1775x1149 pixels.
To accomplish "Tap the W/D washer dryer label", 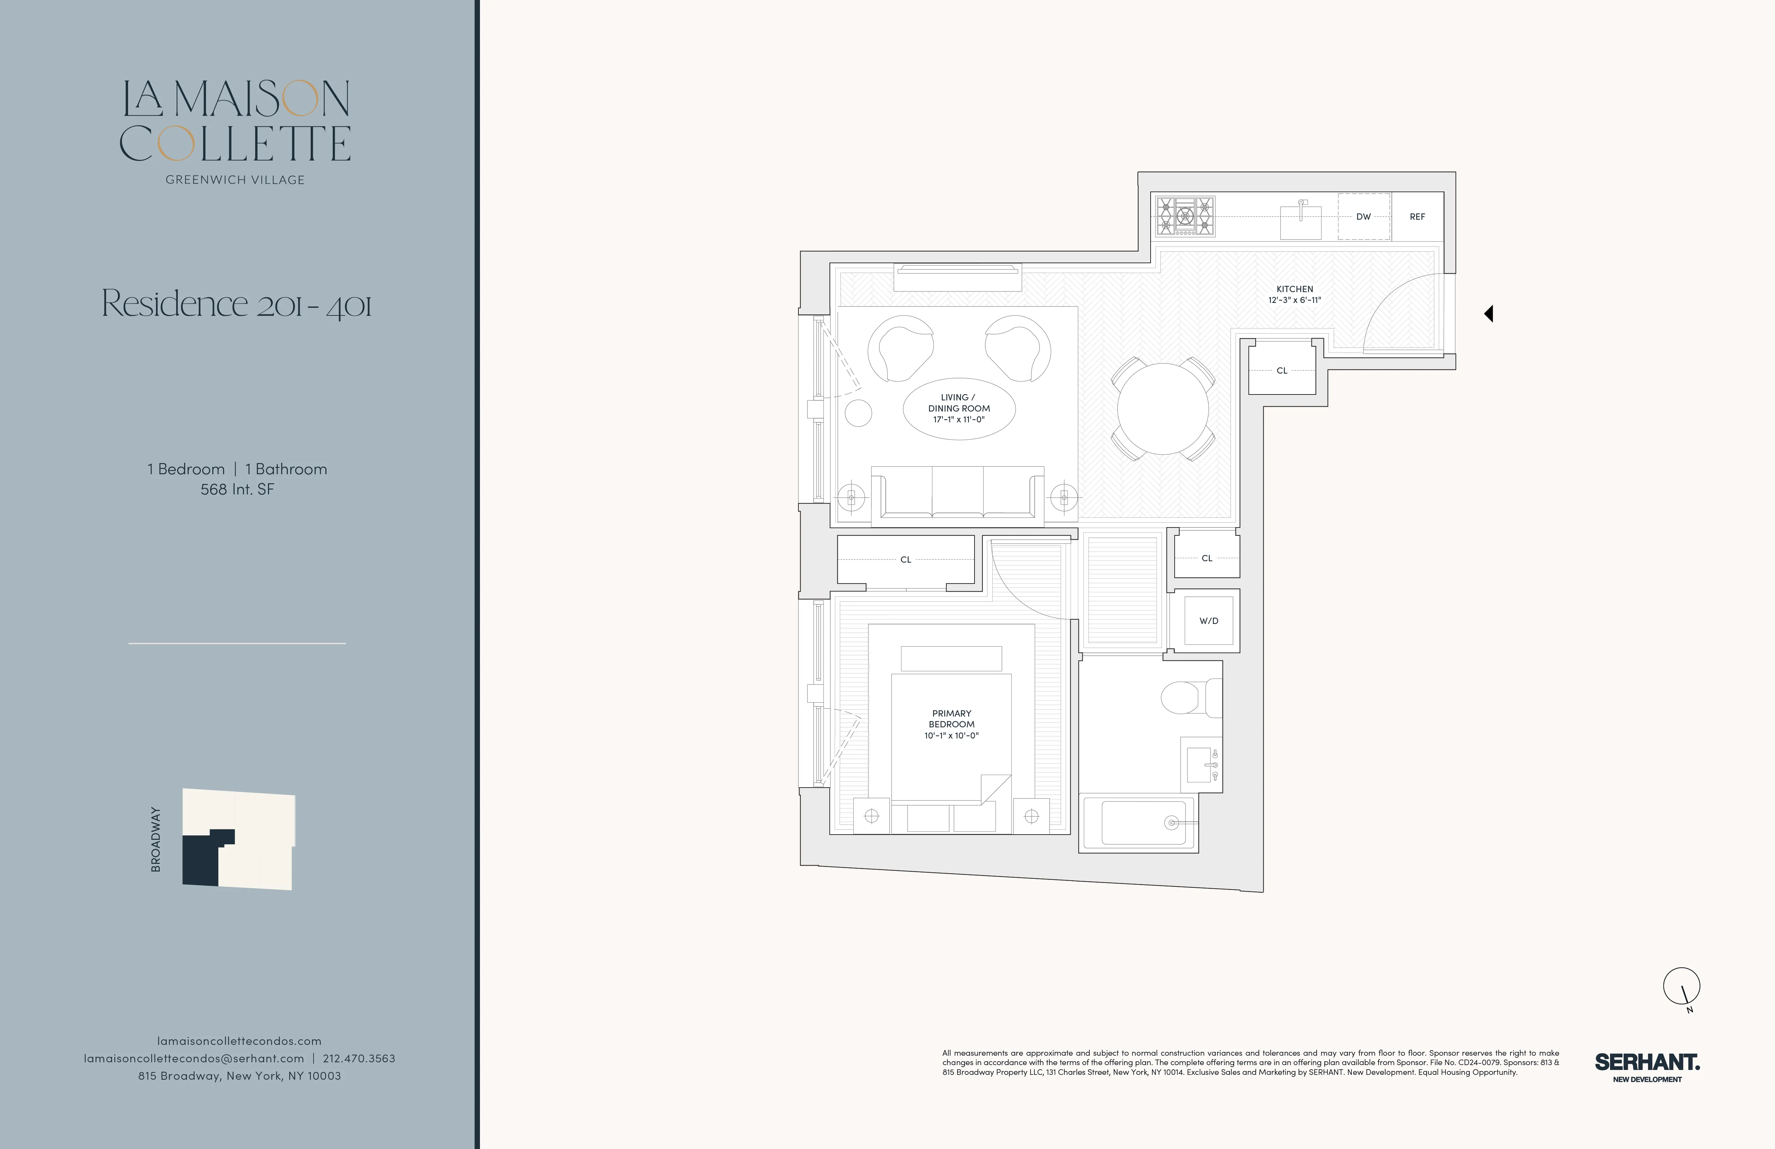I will [1208, 621].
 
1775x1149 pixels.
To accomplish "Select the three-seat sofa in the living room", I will [957, 492].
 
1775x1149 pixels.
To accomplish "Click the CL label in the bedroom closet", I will [905, 560].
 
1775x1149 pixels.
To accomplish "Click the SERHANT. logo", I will [1647, 1062].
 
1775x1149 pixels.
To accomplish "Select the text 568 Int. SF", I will [237, 490].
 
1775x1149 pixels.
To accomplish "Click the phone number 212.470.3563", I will [359, 1058].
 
